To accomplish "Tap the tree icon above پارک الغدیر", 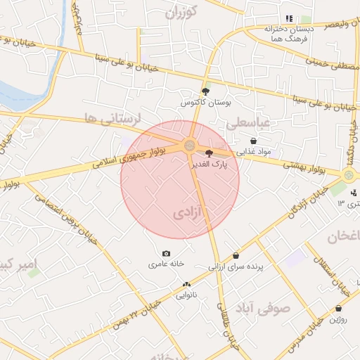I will tap(208, 153).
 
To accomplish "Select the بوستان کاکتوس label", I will tap(205, 103).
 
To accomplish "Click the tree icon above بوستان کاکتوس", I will tap(205, 91).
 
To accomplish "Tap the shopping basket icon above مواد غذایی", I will tap(253, 141).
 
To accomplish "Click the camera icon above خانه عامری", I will tap(166, 253).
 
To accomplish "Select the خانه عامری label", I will tap(166, 264).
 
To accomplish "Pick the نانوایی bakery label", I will tap(186, 295).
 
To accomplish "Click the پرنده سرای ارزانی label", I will tap(235, 267).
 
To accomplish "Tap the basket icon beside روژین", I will tap(338, 308).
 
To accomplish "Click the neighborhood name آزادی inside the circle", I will tap(187, 212).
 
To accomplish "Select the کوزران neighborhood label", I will tap(181, 11).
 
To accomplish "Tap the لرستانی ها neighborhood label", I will tap(112, 118).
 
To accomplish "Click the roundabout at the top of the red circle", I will tap(190, 146).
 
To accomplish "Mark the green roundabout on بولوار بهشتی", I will tap(349, 174).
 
